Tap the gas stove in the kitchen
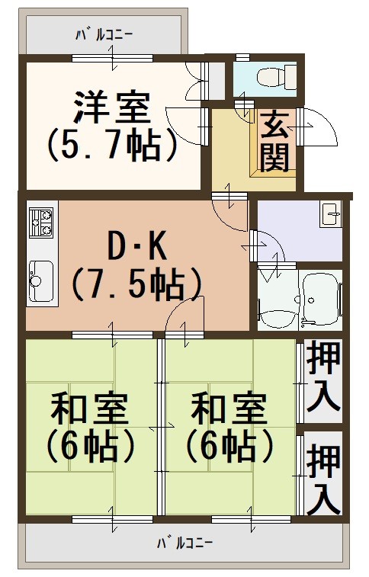(x=41, y=223)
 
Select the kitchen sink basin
(x=41, y=281)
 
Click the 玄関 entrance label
(x=274, y=142)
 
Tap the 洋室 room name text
(x=113, y=107)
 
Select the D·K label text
(x=137, y=248)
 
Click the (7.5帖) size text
(x=137, y=285)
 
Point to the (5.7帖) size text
(x=113, y=145)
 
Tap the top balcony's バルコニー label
(x=104, y=35)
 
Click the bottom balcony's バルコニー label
(x=184, y=543)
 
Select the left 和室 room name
(x=89, y=409)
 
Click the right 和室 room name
(x=229, y=409)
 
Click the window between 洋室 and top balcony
(x=112, y=58)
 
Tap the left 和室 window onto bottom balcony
(x=112, y=519)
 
